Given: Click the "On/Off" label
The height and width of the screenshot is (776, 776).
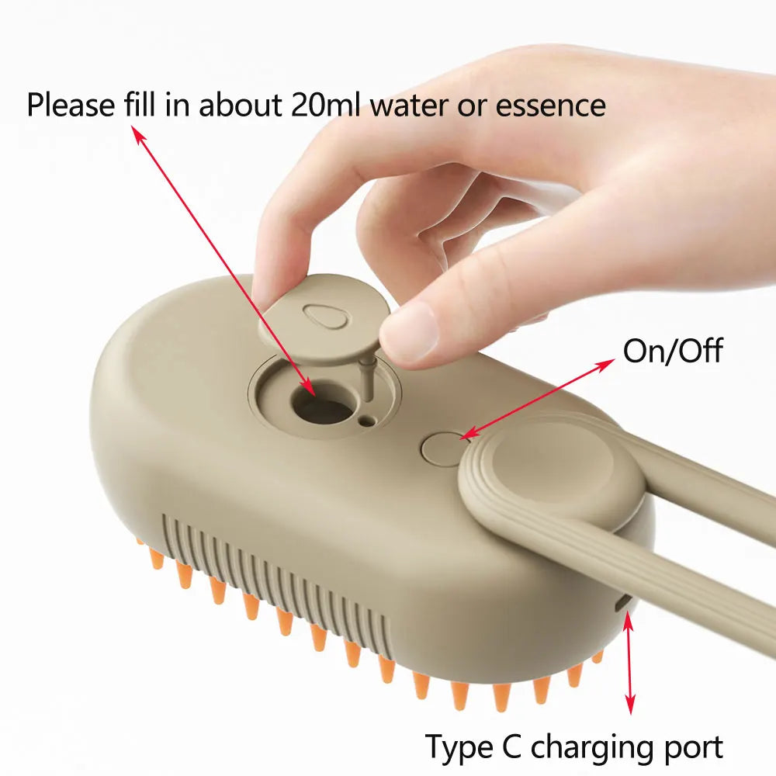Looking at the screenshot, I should [x=672, y=351].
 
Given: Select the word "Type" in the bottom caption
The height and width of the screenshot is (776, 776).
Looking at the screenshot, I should [x=456, y=747].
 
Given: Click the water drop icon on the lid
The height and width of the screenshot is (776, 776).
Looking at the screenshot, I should [x=319, y=315].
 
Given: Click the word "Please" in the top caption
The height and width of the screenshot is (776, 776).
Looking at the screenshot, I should [x=72, y=105].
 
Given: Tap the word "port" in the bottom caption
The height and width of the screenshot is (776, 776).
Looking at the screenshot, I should [x=691, y=747].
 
